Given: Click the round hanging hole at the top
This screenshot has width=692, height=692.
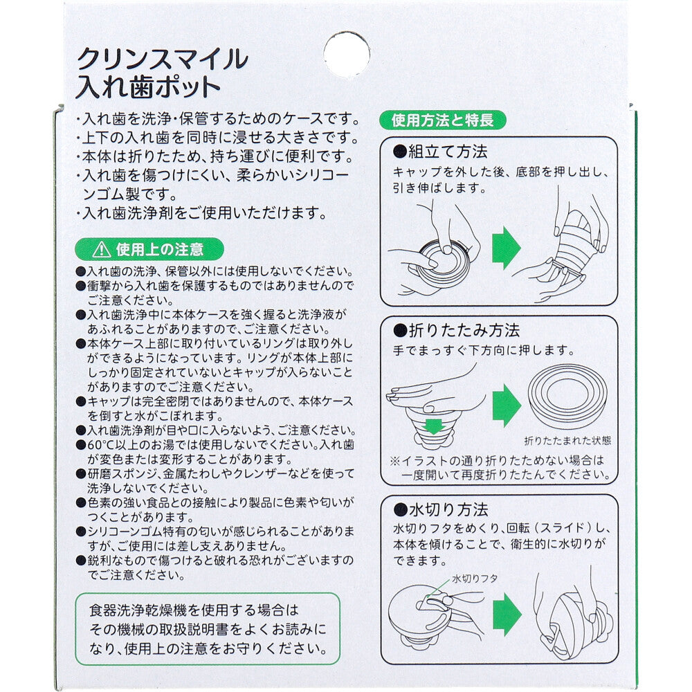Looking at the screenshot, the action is coord(347,54).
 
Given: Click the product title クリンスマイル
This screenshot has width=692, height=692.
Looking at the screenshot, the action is coord(163,59).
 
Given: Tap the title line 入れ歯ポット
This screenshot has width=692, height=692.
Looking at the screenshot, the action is coord(148,87).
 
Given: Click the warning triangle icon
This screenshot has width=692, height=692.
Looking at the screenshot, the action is coord(102,250).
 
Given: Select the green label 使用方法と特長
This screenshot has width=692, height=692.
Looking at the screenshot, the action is coord(443,120).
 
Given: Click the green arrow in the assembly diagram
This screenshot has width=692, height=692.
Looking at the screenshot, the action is coord(507,248).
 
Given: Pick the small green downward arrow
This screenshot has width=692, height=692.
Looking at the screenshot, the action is coord(433,426).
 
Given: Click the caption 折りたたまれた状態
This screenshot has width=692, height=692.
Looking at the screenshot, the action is coord(568,440).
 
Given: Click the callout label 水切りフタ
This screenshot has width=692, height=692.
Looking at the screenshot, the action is coord(475,579).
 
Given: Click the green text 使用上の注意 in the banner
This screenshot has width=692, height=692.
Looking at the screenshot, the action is coord(160,250).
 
